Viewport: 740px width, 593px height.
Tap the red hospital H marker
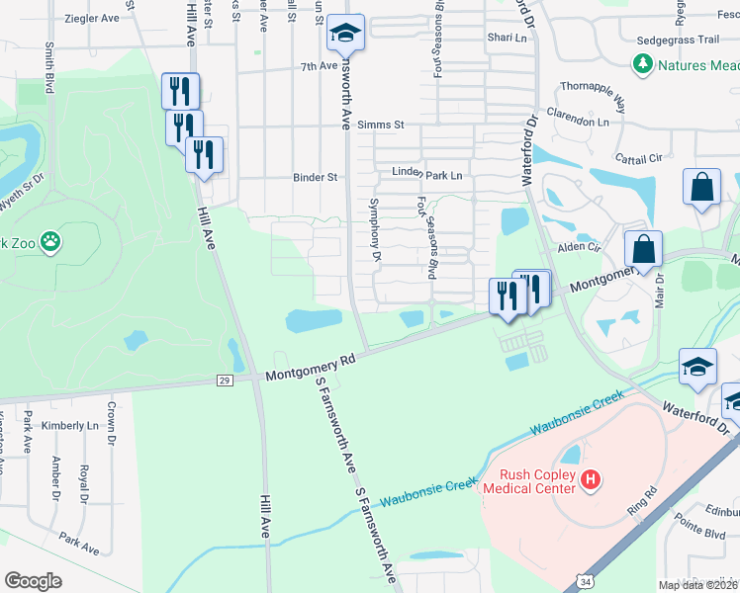pos(591,480)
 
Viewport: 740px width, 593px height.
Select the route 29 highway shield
pos(225,381)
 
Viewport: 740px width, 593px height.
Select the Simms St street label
pos(382,125)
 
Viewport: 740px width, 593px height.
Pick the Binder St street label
pos(316,178)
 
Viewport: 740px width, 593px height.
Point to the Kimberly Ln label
pos(70,425)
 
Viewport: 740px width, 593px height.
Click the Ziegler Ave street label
pos(91,18)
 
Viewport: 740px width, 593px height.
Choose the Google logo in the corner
pos(33,581)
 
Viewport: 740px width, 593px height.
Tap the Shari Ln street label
pos(507,38)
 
